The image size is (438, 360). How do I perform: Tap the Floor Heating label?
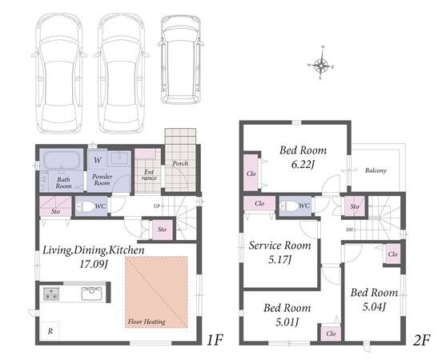147,322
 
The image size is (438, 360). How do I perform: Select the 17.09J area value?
94,264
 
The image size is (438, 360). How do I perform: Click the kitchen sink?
91,294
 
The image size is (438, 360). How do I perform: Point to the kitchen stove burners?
51,294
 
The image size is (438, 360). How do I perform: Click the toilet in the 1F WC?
85,206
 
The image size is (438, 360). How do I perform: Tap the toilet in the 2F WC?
289,206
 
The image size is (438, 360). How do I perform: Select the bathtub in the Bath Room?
62,160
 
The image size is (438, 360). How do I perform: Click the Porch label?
180,163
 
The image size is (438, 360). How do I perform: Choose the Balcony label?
376,170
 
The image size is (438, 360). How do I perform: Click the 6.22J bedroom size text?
303,164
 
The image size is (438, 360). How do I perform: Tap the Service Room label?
279,246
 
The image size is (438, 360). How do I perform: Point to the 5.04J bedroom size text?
374,307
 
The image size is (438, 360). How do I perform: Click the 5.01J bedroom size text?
287,322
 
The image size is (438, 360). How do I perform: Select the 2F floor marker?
421,340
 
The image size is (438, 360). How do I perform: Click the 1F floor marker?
215,340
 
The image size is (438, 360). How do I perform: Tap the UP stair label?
156,206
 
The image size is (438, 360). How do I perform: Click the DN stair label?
349,230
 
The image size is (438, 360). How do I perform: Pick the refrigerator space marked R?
50,331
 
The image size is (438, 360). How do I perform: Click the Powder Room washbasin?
120,158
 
